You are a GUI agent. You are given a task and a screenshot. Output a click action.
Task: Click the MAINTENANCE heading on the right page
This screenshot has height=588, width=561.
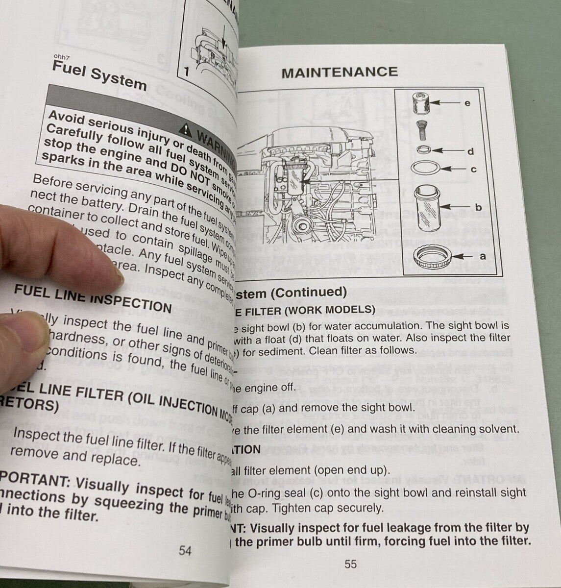pyautogui.click(x=339, y=72)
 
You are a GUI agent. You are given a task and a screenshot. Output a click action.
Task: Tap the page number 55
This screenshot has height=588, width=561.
pyautogui.click(x=350, y=564)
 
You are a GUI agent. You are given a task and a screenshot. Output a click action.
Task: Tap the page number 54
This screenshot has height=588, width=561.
pyautogui.click(x=185, y=551)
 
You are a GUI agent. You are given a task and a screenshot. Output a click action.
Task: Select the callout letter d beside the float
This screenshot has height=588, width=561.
pyautogui.click(x=470, y=151)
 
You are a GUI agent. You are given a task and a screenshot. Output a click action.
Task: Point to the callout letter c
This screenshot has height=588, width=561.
pyautogui.click(x=473, y=170)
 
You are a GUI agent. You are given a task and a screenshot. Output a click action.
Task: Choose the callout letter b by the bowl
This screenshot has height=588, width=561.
pyautogui.click(x=479, y=207)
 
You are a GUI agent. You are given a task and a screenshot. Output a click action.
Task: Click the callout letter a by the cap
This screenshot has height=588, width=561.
pyautogui.click(x=482, y=255)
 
